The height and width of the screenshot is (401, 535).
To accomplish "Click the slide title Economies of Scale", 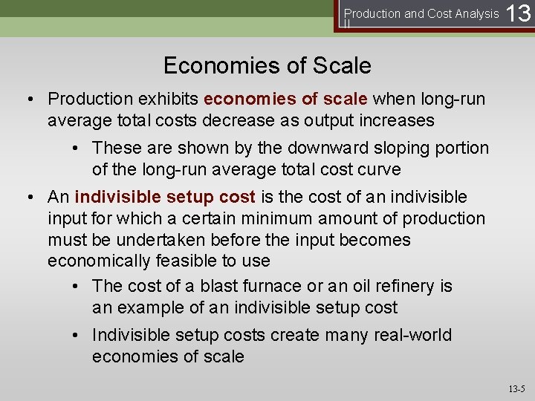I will pos(267,65).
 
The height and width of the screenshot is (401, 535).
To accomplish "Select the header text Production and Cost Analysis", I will pos(421,13).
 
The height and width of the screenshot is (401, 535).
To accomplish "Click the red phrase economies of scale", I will pos(285,99).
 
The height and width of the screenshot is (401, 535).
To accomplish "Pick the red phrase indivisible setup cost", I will pos(165,197).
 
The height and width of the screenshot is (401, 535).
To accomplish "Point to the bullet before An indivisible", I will pos(33,198).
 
